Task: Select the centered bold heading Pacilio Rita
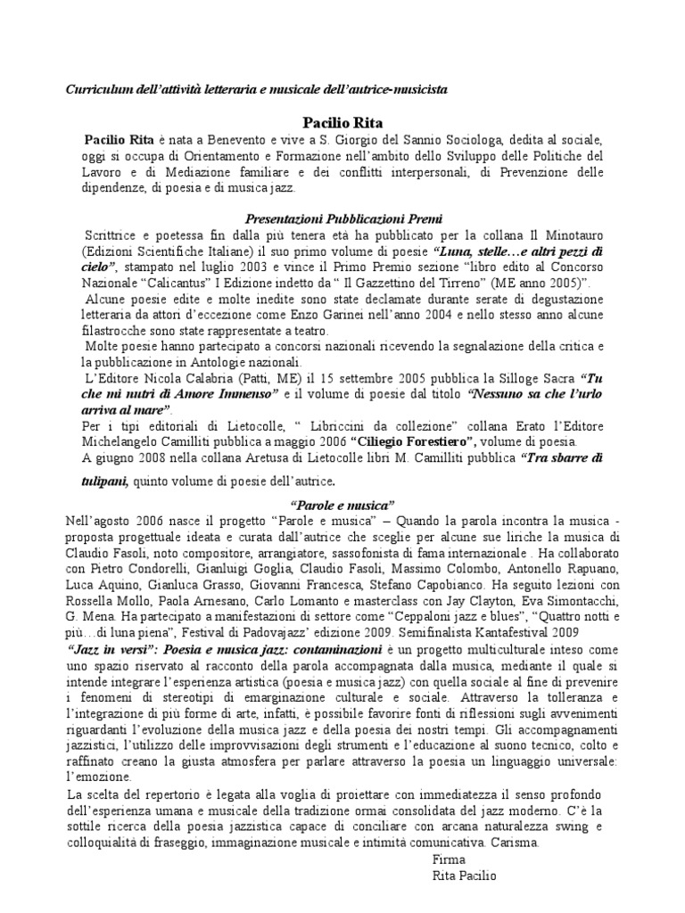[x=342, y=121]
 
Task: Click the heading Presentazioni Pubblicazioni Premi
[x=344, y=218]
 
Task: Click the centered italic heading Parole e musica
[x=344, y=505]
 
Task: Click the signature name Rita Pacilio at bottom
[x=464, y=876]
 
